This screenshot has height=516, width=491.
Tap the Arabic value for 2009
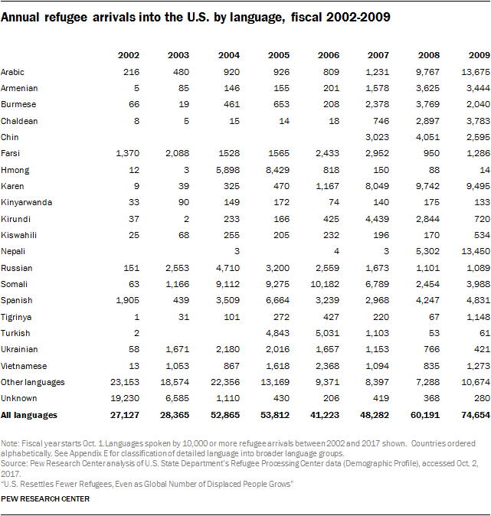(472, 71)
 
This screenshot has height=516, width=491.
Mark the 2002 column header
(129, 54)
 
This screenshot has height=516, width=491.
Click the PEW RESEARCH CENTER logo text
(45, 499)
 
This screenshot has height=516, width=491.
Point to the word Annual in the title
(21, 16)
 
